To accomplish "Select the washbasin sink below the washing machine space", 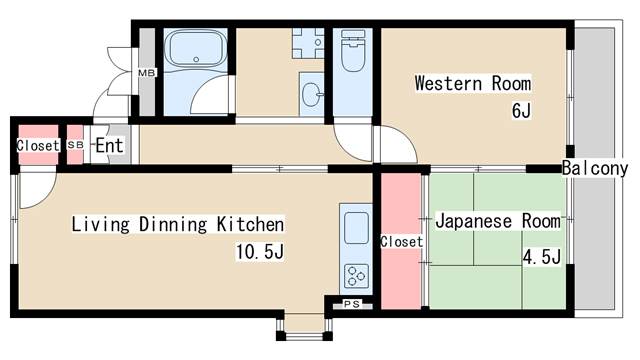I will tap(311, 95).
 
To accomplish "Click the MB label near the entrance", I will tap(146, 73).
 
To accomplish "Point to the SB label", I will tap(76, 145).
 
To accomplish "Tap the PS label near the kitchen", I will tap(351, 304).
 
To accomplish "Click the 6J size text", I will tap(521, 110).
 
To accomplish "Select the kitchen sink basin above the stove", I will tap(355, 229).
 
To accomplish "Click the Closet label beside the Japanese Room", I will tap(401, 242).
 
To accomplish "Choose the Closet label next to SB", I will tap(37, 145).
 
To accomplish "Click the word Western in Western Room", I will tap(449, 83).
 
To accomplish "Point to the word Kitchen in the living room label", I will tap(250, 223).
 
